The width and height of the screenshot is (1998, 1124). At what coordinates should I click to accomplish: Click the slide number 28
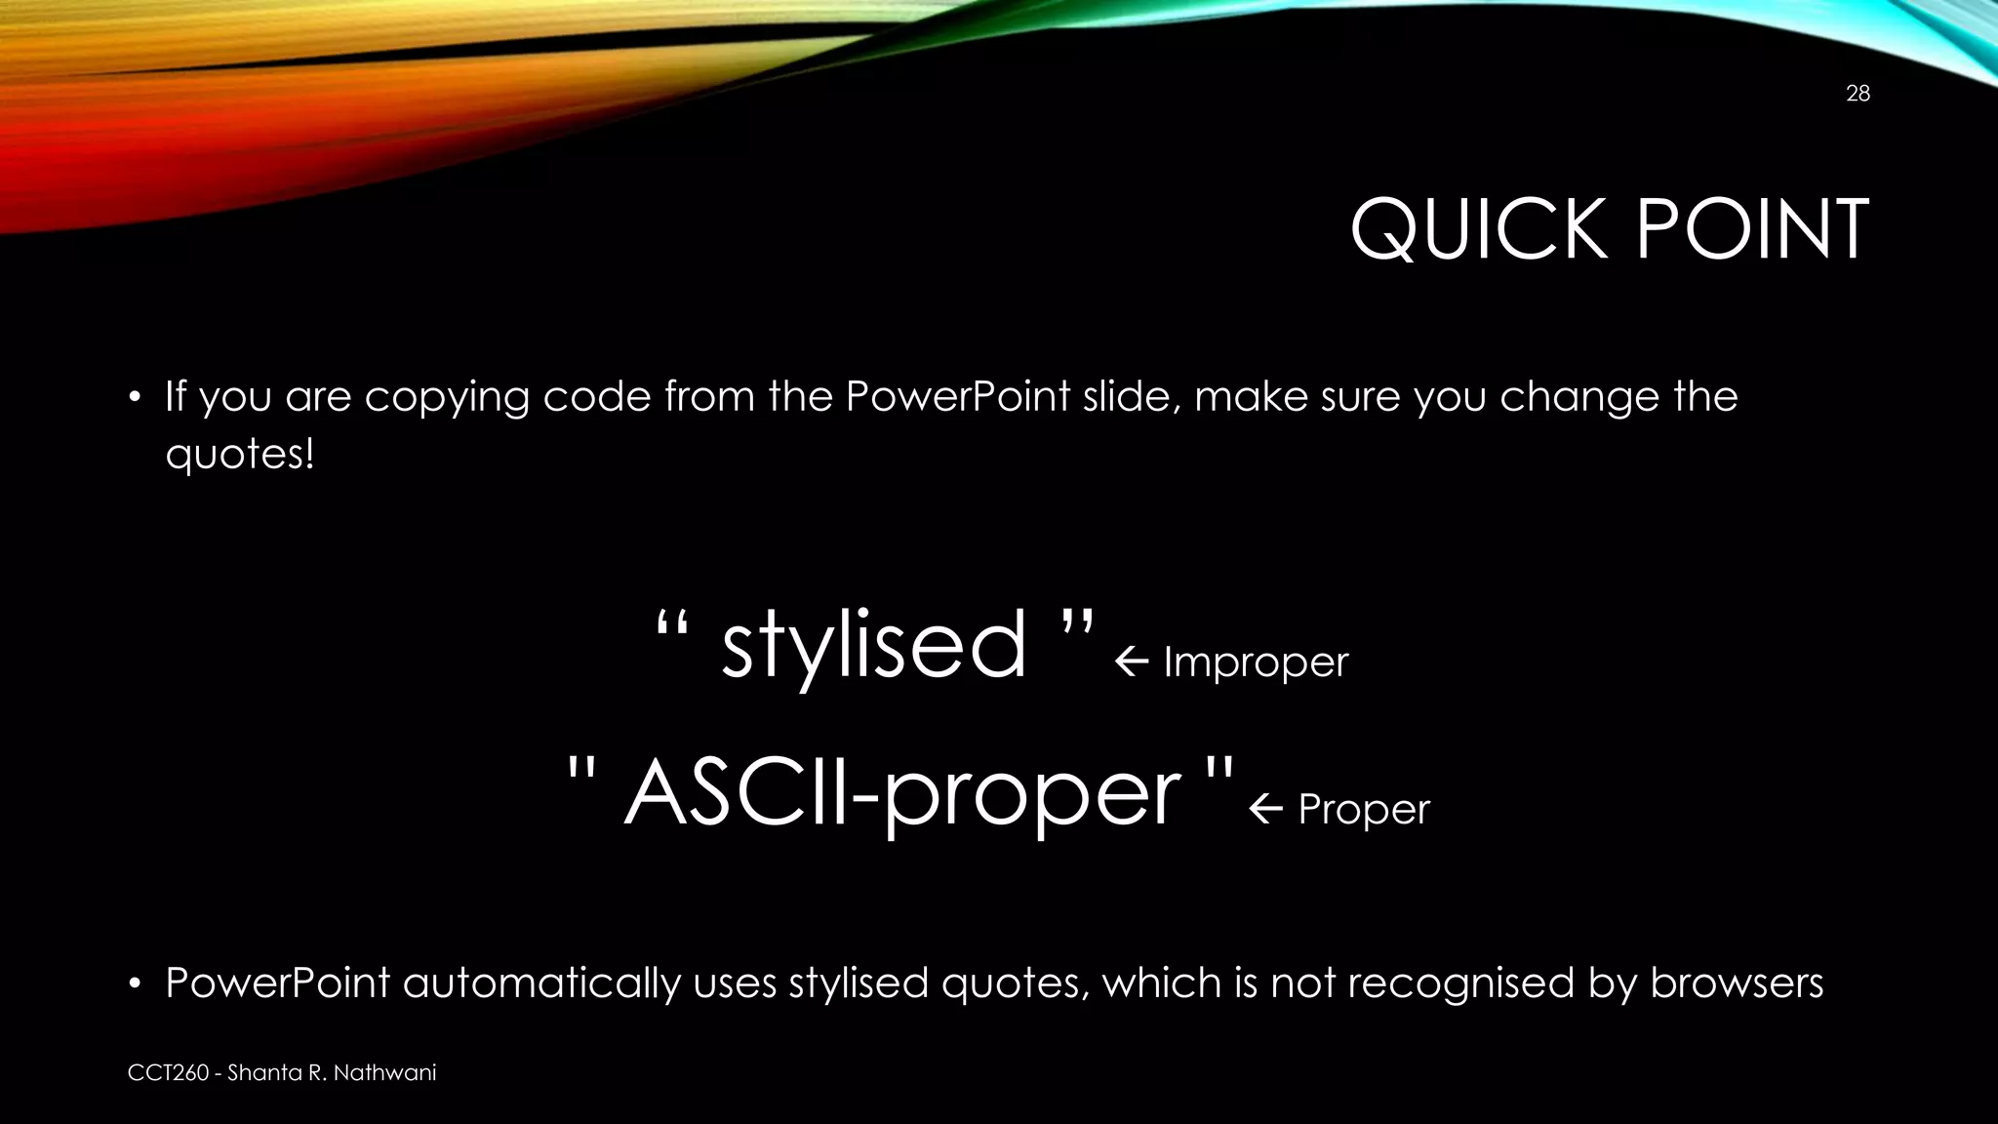[x=1858, y=94]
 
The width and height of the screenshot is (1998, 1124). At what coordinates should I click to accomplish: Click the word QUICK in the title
[x=1479, y=230]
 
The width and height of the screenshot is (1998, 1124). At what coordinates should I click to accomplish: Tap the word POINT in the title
[x=1751, y=230]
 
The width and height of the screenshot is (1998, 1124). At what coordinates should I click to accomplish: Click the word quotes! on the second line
[x=240, y=455]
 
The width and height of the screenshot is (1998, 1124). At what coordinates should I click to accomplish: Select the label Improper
[x=1256, y=662]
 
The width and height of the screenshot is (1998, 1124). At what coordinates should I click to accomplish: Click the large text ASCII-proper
[x=901, y=794]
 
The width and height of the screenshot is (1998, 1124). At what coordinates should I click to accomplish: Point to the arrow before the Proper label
[x=1265, y=810]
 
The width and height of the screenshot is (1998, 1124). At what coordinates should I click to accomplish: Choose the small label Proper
[x=1363, y=810]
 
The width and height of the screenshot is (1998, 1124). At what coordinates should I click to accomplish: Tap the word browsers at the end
[x=1737, y=983]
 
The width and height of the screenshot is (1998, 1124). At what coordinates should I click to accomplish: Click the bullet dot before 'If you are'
[x=137, y=398]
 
